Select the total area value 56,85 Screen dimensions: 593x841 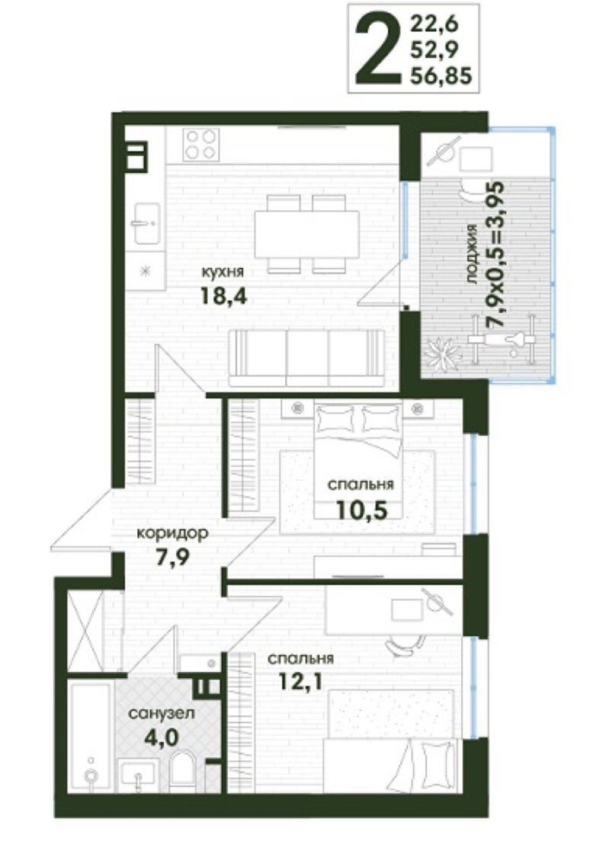(441, 76)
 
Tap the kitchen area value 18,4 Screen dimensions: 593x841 (224, 295)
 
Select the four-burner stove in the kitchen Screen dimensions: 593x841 (201, 144)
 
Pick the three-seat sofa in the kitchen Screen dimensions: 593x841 (306, 358)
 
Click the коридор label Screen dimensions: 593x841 (171, 534)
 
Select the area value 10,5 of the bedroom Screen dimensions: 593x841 (361, 510)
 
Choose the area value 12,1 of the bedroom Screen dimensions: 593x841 (300, 681)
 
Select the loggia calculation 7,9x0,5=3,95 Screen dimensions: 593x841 (495, 254)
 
